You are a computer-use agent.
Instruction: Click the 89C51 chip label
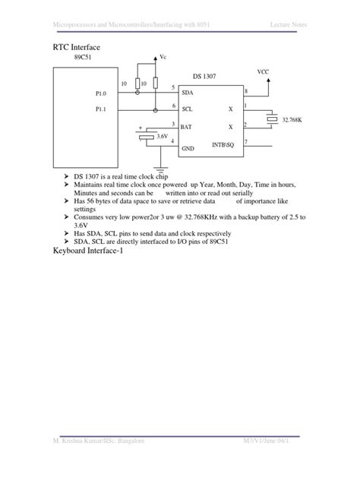pyautogui.click(x=84, y=58)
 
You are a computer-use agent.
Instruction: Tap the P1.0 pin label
pyautogui.click(x=100, y=94)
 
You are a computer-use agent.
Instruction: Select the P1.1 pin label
pyautogui.click(x=100, y=109)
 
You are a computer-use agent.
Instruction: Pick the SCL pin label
pyautogui.click(x=187, y=109)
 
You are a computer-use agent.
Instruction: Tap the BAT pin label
pyautogui.click(x=187, y=125)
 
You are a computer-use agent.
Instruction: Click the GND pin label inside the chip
pyautogui.click(x=188, y=150)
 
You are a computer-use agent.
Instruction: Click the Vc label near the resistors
pyautogui.click(x=162, y=58)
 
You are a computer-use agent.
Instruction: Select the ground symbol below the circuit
pyautogui.click(x=160, y=169)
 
